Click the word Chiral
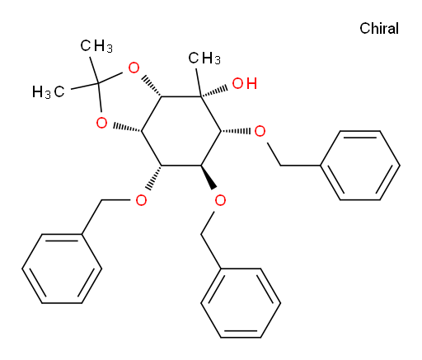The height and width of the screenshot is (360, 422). [x=379, y=29]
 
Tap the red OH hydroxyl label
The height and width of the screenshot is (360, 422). [x=245, y=83]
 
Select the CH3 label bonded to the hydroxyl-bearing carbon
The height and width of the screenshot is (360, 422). [x=204, y=58]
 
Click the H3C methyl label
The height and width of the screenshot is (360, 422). [x=49, y=91]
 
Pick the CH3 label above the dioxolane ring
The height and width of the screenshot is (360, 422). [x=96, y=46]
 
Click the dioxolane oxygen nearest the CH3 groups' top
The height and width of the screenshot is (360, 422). [x=134, y=68]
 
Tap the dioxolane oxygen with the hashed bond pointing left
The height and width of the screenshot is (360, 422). [x=101, y=123]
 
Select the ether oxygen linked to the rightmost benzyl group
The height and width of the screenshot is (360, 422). [x=260, y=131]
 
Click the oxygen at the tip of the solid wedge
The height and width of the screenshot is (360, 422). [x=220, y=200]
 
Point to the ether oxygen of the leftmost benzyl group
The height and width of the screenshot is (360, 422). [x=141, y=200]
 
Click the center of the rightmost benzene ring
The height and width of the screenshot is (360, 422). [x=360, y=166]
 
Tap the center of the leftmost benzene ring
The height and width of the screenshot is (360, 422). [x=62, y=269]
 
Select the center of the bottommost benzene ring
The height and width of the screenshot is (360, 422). [x=241, y=303]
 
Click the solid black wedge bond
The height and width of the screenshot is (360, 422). [x=208, y=177]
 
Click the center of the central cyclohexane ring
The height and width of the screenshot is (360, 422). [x=181, y=131]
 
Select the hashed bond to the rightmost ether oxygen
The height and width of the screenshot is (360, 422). [x=236, y=131]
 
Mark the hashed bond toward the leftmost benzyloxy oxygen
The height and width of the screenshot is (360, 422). [x=155, y=178]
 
